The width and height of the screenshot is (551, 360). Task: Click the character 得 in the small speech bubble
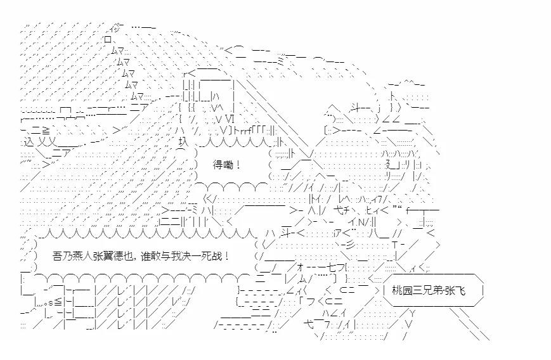pos(217,165)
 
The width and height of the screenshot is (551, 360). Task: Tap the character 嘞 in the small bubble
pos(228,165)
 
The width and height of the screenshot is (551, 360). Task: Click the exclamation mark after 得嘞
pos(237,165)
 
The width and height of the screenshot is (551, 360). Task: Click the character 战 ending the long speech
pos(214,256)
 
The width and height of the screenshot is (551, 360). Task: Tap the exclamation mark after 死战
pos(225,256)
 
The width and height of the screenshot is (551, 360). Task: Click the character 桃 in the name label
pos(397,291)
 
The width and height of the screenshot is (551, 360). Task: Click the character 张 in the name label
pos(451,291)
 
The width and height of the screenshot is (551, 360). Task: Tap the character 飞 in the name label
pos(462,291)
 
